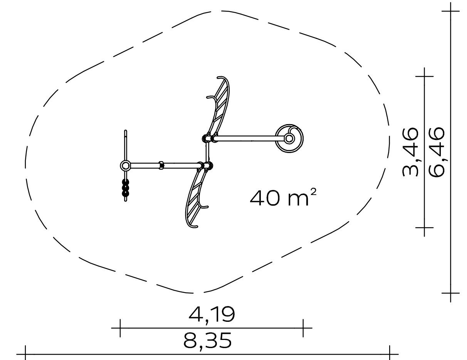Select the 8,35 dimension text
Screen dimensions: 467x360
207,341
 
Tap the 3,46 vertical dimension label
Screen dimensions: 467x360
410,152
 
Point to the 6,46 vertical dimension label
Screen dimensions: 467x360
436,152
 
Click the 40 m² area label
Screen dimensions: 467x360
283,197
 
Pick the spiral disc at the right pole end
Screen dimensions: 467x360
289,138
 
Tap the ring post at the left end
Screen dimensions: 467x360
125,166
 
